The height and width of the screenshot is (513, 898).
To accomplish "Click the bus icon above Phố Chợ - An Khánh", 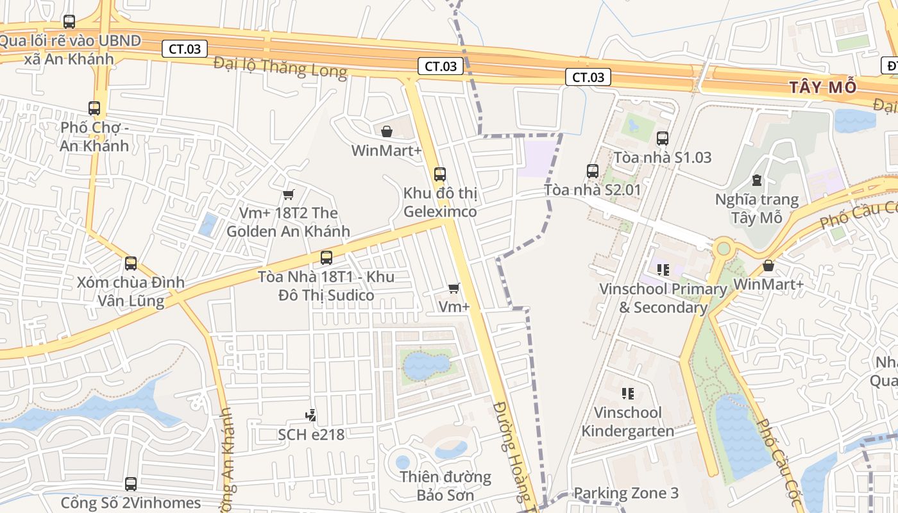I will [x=94, y=108].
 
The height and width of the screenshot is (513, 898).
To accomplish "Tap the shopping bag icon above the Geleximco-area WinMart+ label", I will [x=387, y=131].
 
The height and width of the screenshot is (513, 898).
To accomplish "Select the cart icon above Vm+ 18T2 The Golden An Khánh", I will [x=288, y=194].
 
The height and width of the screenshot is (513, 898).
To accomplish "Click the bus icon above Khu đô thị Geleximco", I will [x=439, y=174].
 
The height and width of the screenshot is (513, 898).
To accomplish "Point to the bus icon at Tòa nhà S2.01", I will [x=592, y=171].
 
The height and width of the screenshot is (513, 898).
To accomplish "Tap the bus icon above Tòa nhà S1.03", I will [x=663, y=138].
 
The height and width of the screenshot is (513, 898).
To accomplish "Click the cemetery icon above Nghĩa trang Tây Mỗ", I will [x=757, y=180].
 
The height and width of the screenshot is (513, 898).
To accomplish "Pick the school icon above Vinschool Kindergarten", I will [x=627, y=393].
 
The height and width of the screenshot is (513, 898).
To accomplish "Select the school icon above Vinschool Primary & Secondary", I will [x=663, y=269].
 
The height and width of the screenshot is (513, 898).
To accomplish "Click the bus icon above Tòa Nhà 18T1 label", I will [x=326, y=258].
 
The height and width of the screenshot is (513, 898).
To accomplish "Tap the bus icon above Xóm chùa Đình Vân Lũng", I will [x=131, y=263].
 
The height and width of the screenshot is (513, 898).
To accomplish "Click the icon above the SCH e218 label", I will [x=310, y=416].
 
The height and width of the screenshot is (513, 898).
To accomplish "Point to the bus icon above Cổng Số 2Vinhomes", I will [x=131, y=484].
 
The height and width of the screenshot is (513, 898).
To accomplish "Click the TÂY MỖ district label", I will [x=822, y=88].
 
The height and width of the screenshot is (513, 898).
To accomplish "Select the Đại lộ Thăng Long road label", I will [x=280, y=67].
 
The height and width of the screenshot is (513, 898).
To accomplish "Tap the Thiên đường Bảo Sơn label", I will [x=445, y=486].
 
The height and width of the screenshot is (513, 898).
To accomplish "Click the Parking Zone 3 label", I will [x=625, y=493].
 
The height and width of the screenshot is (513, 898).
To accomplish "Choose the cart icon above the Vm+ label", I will [x=454, y=288].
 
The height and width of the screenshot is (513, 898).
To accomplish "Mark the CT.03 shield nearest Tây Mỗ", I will [x=588, y=77].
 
